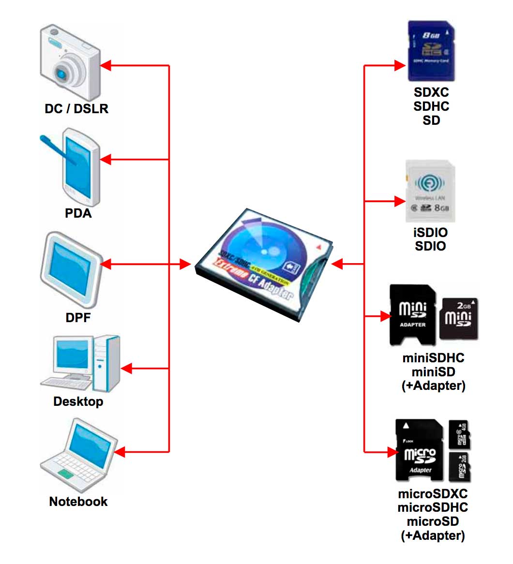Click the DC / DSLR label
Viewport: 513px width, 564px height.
pyautogui.click(x=76, y=108)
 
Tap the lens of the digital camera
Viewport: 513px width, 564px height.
pyautogui.click(x=62, y=73)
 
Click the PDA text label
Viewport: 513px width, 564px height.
pyautogui.click(x=78, y=213)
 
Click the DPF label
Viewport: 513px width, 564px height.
pyautogui.click(x=78, y=318)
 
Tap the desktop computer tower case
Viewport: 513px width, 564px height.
pyautogui.click(x=106, y=363)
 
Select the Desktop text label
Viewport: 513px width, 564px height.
pyautogui.click(x=78, y=401)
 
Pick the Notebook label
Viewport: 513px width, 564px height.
pyautogui.click(x=78, y=501)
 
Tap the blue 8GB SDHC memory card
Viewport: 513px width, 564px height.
pyautogui.click(x=431, y=51)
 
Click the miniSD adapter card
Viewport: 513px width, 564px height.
pyautogui.click(x=412, y=315)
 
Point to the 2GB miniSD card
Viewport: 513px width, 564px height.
pyautogui.click(x=458, y=318)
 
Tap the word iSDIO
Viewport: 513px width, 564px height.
pyautogui.click(x=430, y=232)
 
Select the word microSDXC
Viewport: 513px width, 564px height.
pyautogui.click(x=432, y=494)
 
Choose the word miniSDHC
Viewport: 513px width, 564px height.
pyautogui.click(x=433, y=358)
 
